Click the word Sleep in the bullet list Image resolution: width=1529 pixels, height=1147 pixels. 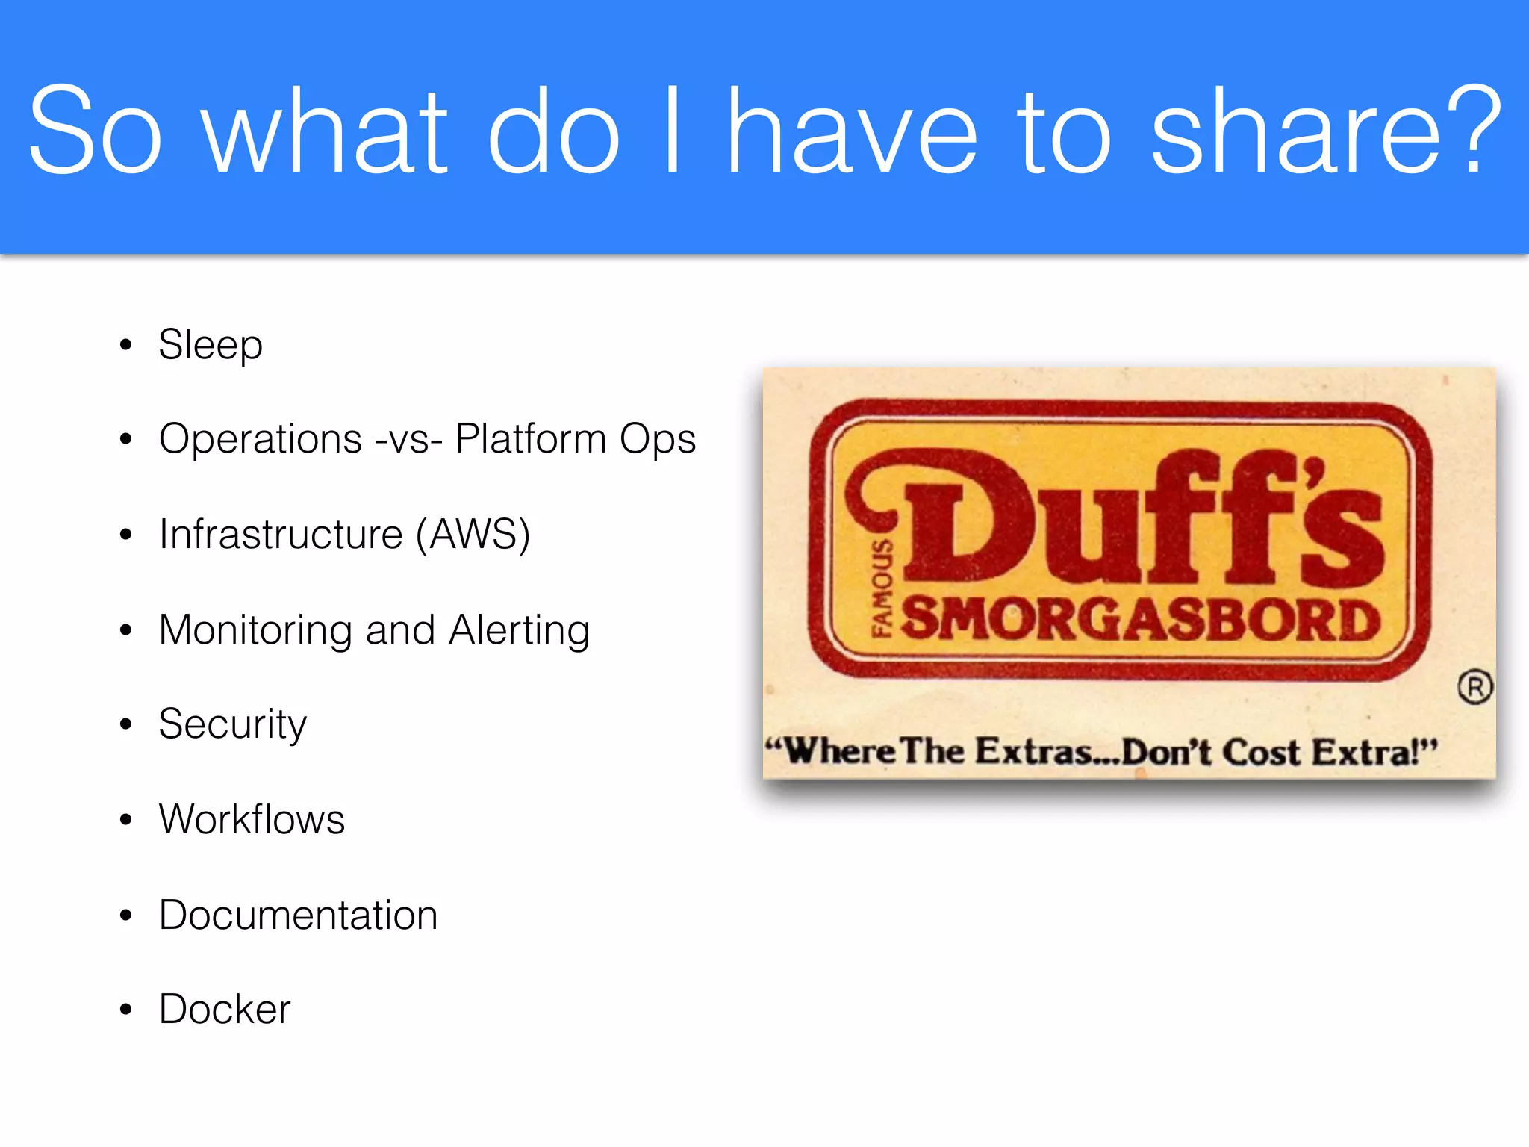tap(211, 345)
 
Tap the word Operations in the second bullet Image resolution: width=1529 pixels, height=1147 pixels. tap(261, 439)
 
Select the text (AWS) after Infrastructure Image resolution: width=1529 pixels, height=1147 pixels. tap(473, 535)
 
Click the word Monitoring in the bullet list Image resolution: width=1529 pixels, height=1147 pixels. tap(255, 630)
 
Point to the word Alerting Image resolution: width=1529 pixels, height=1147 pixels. tap(520, 630)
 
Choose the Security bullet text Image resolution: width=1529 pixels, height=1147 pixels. tap(233, 724)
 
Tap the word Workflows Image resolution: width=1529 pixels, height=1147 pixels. tap(252, 819)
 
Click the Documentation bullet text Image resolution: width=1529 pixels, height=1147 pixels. tap(299, 915)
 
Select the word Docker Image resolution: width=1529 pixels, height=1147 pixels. tap(225, 1010)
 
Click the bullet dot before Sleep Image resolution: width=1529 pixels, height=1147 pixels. tap(126, 345)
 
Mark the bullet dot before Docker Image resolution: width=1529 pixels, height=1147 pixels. tap(126, 1010)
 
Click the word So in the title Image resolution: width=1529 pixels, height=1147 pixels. tap(95, 131)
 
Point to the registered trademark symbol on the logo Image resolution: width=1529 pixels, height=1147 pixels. tap(1475, 687)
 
